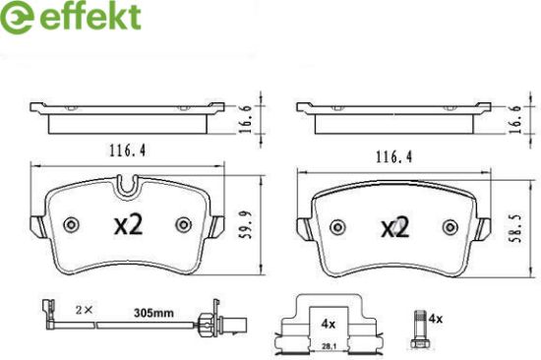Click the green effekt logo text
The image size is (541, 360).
coord(90,17)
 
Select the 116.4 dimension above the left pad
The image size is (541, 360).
coord(128,150)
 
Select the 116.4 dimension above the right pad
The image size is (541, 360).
coord(393,157)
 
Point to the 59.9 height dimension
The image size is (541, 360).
coord(246,225)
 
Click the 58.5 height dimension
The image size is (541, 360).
coord(516,228)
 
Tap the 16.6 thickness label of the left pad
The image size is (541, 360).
coord(246,119)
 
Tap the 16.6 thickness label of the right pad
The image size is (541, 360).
coord(515,119)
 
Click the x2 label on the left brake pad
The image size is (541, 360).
coord(128,225)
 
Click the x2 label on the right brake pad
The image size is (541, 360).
coord(395,227)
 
